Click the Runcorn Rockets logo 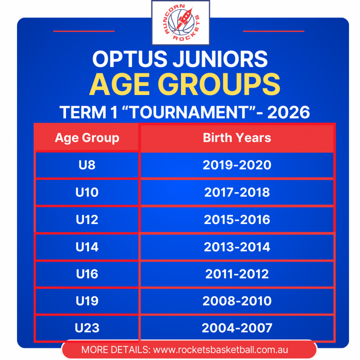click(x=181, y=23)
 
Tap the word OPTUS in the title click(x=130, y=59)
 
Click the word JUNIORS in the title click(x=220, y=59)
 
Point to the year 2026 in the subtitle click(x=288, y=112)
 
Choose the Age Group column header click(x=87, y=138)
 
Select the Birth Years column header click(x=237, y=138)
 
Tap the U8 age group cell click(x=87, y=165)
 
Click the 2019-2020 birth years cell click(x=237, y=165)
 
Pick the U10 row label click(x=87, y=192)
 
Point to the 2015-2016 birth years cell click(x=237, y=220)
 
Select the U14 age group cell click(x=87, y=247)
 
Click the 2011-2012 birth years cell click(x=237, y=274)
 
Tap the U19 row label click(x=87, y=301)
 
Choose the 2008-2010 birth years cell click(x=237, y=301)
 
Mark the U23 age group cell click(x=87, y=328)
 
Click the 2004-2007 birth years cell click(x=237, y=328)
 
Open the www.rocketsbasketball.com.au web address click(x=220, y=350)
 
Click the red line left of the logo click(x=84, y=31)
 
